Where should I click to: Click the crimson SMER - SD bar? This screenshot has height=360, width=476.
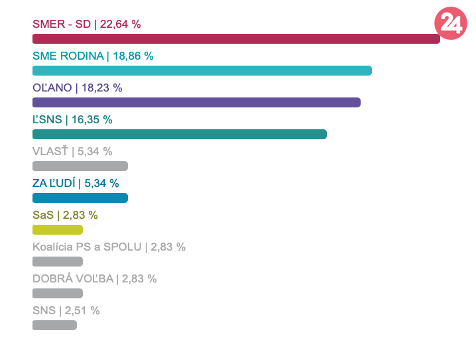click(x=236, y=38)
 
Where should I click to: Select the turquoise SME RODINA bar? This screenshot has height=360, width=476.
click(x=202, y=70)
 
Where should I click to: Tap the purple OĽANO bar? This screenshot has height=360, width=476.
click(x=196, y=102)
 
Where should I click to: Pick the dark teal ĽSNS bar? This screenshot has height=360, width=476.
click(x=180, y=134)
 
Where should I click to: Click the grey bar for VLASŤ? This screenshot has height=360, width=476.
click(x=80, y=166)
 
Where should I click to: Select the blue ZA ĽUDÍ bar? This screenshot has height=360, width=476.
click(x=80, y=198)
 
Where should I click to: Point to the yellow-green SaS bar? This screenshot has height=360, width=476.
click(x=58, y=229)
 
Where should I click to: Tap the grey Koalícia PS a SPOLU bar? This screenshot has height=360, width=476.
click(x=58, y=261)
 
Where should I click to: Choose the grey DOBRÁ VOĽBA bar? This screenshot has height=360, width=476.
click(x=58, y=293)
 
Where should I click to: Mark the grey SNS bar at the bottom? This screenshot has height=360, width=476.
click(x=54, y=325)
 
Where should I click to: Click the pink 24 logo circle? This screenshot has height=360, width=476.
click(x=451, y=24)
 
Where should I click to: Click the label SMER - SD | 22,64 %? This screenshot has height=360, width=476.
click(x=87, y=24)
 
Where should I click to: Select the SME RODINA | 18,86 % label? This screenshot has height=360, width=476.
click(x=93, y=56)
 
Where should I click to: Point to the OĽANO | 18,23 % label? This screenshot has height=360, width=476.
click(x=78, y=88)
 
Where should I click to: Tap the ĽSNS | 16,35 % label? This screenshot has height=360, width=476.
click(x=72, y=119)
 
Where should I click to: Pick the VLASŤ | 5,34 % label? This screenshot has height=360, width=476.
click(x=72, y=151)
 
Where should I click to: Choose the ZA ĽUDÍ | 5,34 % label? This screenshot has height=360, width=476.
click(x=76, y=183)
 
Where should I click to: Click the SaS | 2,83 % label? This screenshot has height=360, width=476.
click(x=65, y=215)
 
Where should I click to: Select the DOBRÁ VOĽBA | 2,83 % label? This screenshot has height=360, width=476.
click(x=94, y=278)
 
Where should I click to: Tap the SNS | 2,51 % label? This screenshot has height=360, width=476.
click(x=66, y=310)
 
